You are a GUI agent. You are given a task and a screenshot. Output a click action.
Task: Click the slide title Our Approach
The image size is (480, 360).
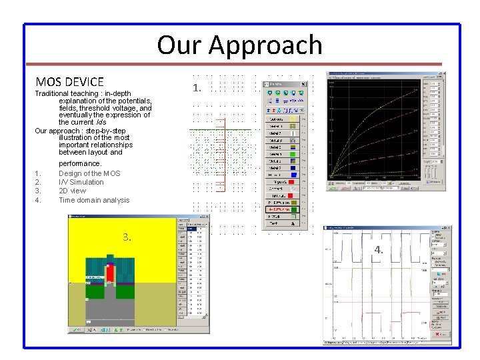(x=239, y=45)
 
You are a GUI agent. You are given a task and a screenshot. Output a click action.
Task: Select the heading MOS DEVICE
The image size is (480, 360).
(x=70, y=82)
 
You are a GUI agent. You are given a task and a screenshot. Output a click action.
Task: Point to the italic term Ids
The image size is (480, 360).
(x=100, y=123)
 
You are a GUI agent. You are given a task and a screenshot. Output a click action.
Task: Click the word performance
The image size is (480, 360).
(x=80, y=163)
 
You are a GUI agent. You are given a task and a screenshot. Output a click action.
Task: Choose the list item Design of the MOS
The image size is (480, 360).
(x=89, y=173)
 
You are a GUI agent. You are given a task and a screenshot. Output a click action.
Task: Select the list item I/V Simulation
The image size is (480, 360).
(x=81, y=182)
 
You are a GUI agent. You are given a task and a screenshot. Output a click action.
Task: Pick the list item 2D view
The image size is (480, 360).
(x=72, y=191)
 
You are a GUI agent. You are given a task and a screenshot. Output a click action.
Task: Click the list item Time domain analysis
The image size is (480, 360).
(x=94, y=200)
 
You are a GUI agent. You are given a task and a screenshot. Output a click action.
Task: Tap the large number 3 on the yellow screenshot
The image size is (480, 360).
(x=127, y=237)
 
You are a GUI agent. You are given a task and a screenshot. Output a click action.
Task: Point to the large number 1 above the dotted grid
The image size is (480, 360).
(x=196, y=88)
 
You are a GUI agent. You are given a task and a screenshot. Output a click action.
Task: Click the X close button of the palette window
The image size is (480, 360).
(x=304, y=84)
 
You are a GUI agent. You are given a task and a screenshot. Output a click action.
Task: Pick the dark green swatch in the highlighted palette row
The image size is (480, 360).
(x=292, y=208)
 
